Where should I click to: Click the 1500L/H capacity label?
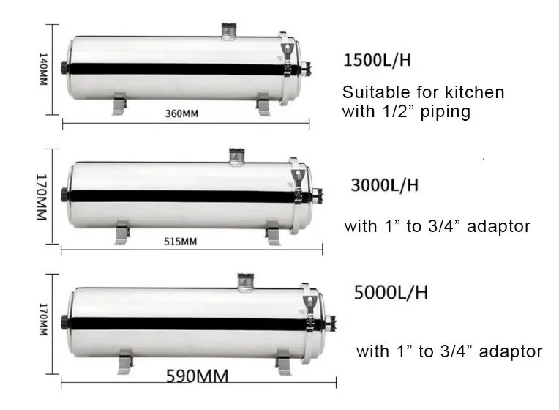[377, 60]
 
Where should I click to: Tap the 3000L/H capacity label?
[384, 185]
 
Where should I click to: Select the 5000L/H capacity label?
[391, 292]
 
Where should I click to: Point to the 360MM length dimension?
[181, 113]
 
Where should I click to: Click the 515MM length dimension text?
[180, 242]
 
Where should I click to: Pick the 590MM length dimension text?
[197, 376]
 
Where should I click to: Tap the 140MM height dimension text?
[43, 70]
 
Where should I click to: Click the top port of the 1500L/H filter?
[228, 31]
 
